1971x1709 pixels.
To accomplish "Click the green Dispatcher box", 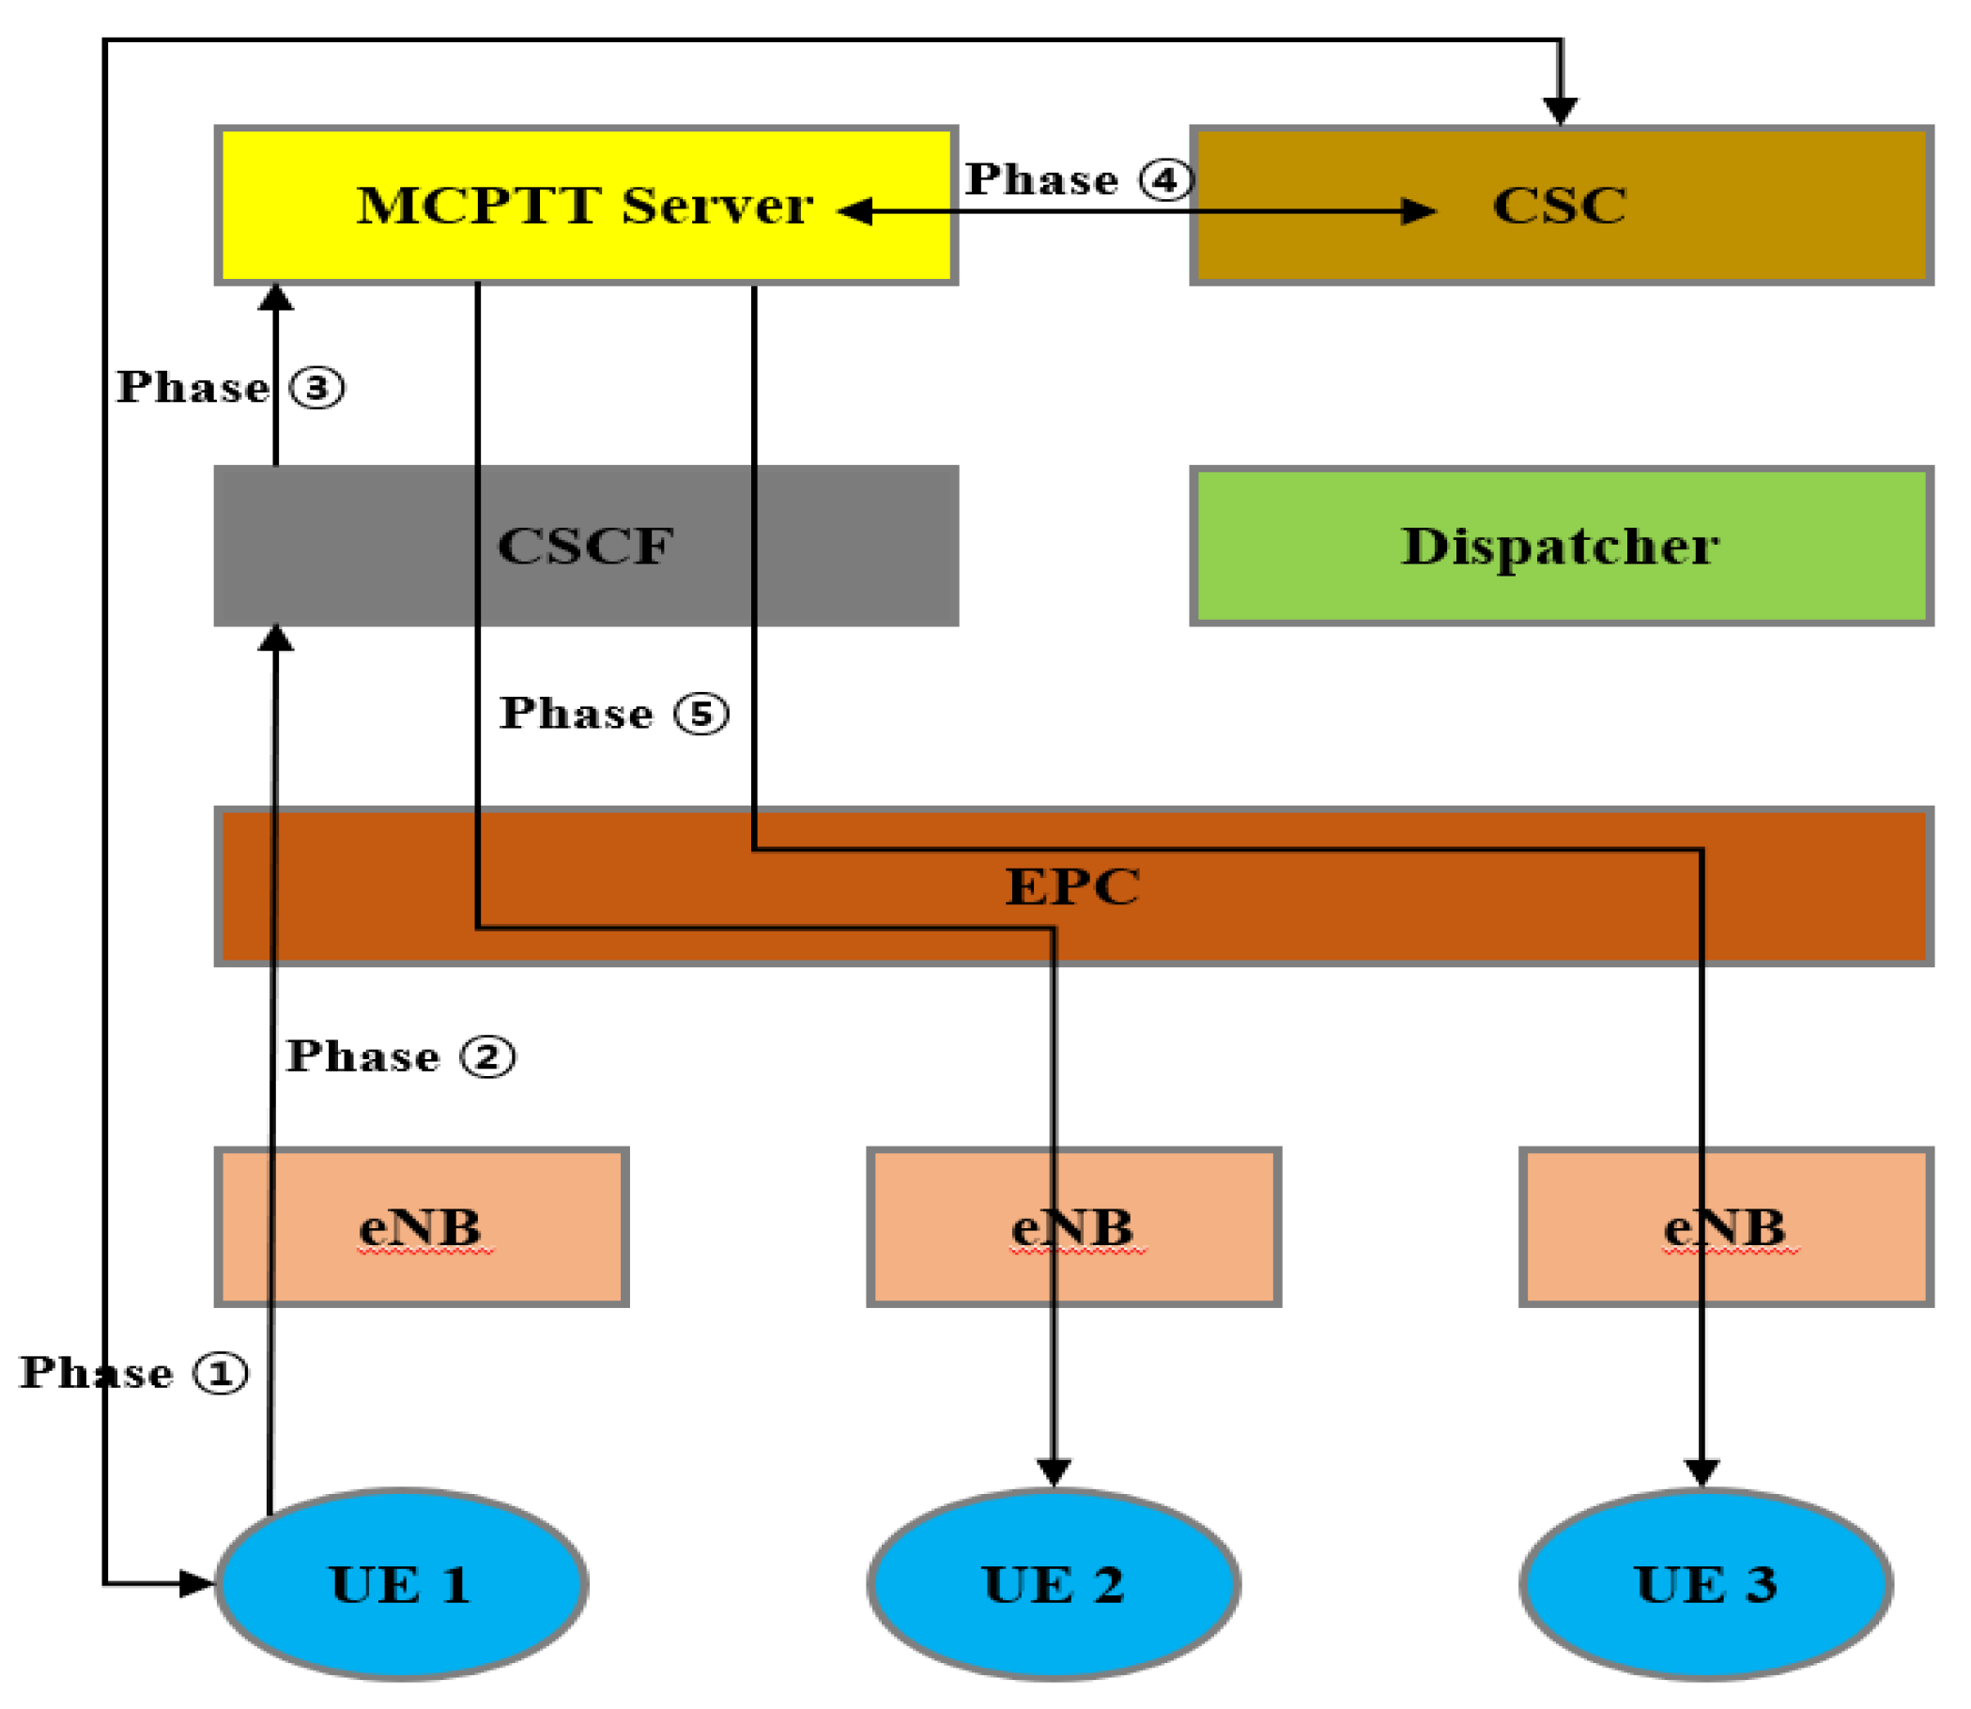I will [1560, 546].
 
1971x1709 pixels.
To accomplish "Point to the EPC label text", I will [1071, 887].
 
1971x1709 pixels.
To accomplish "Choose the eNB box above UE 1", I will [422, 1226].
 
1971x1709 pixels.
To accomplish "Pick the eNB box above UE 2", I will [1072, 1226].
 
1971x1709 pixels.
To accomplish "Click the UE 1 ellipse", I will [401, 1585].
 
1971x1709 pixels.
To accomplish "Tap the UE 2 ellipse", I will [1053, 1585].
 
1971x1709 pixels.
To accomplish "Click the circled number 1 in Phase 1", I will [221, 1373].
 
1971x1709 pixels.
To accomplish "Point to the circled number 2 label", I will [487, 1056].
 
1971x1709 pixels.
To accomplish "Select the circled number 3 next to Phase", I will [316, 388].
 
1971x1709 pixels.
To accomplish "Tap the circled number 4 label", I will [1165, 179].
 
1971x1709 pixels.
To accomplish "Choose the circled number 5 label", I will [701, 714].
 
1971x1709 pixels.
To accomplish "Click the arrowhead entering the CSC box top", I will [1560, 111].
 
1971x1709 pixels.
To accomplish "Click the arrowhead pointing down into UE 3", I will [1702, 1470].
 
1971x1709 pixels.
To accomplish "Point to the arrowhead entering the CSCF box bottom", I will [275, 638].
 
